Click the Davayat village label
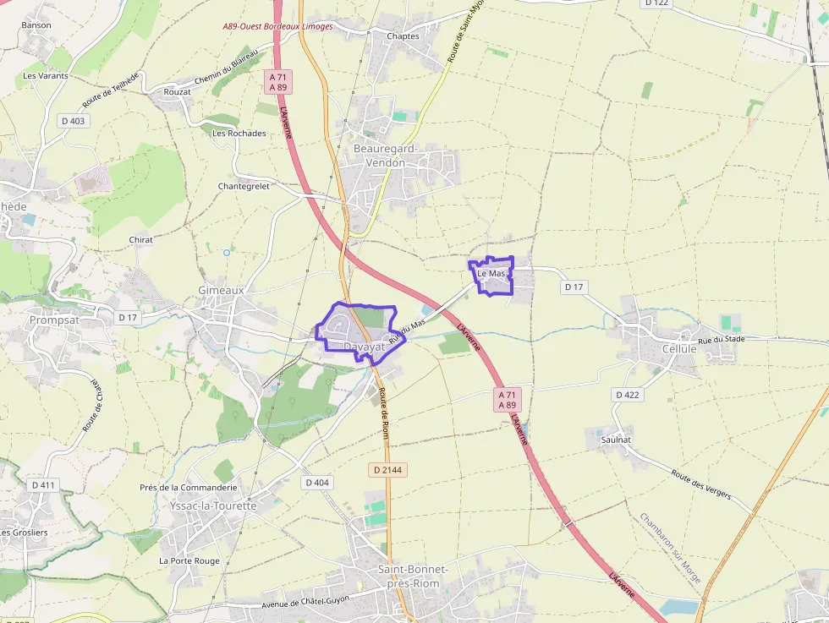pyautogui.click(x=365, y=347)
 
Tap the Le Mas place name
pyautogui.click(x=491, y=274)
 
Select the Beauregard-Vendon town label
pyautogui.click(x=385, y=156)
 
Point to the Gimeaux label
pyautogui.click(x=221, y=290)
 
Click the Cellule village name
pyautogui.click(x=679, y=348)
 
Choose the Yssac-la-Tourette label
pyautogui.click(x=213, y=506)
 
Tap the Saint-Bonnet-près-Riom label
pyautogui.click(x=413, y=576)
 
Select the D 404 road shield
pyautogui.click(x=316, y=482)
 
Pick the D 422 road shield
pyautogui.click(x=628, y=395)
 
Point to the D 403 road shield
pyautogui.click(x=74, y=121)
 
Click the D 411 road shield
pyautogui.click(x=44, y=485)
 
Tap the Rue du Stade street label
pyautogui.click(x=722, y=340)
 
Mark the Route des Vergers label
pyautogui.click(x=700, y=484)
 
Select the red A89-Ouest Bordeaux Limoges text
pyautogui.click(x=278, y=26)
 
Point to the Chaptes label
pyautogui.click(x=403, y=36)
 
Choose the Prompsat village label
pyautogui.click(x=54, y=320)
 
